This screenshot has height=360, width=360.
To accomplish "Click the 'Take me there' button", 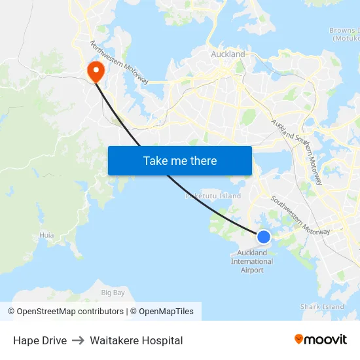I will point(179,160).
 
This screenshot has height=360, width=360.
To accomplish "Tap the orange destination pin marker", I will point(96,70).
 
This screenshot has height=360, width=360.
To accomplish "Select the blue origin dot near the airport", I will point(263,237).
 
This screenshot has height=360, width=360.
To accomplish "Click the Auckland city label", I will point(228,54).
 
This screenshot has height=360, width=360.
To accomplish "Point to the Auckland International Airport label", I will point(252,261).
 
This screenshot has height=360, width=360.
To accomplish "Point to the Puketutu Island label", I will point(213,196).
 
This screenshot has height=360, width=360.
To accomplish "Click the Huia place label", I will point(46,234).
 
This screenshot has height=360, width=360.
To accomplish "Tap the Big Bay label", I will point(113,293).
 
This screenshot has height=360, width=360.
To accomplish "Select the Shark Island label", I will point(322,306).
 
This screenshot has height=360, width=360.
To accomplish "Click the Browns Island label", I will point(344,34).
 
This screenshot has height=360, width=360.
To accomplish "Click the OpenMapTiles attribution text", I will point(166,312).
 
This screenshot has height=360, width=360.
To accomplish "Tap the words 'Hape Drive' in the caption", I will point(40,340).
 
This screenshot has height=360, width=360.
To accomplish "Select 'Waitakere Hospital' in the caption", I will point(136,340).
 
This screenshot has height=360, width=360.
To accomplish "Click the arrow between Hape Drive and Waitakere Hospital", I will point(79,340).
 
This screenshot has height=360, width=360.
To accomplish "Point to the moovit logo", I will point(321,339).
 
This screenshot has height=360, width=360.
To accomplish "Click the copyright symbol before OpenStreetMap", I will point(11,312).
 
